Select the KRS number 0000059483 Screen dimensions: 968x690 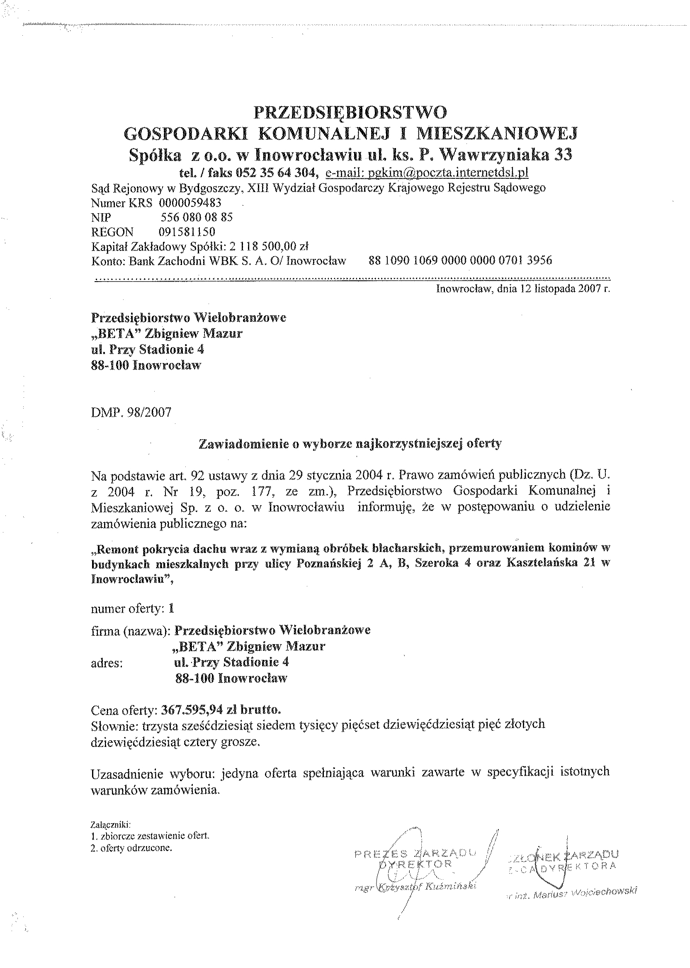coord(190,203)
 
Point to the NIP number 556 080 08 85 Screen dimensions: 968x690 coord(196,217)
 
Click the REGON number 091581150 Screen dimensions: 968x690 coord(187,231)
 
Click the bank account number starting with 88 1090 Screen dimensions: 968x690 coord(460,260)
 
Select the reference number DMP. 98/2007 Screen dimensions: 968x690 coord(131,412)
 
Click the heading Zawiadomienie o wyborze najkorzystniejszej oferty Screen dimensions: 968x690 coord(350,443)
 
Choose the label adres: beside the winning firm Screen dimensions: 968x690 coord(107,663)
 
